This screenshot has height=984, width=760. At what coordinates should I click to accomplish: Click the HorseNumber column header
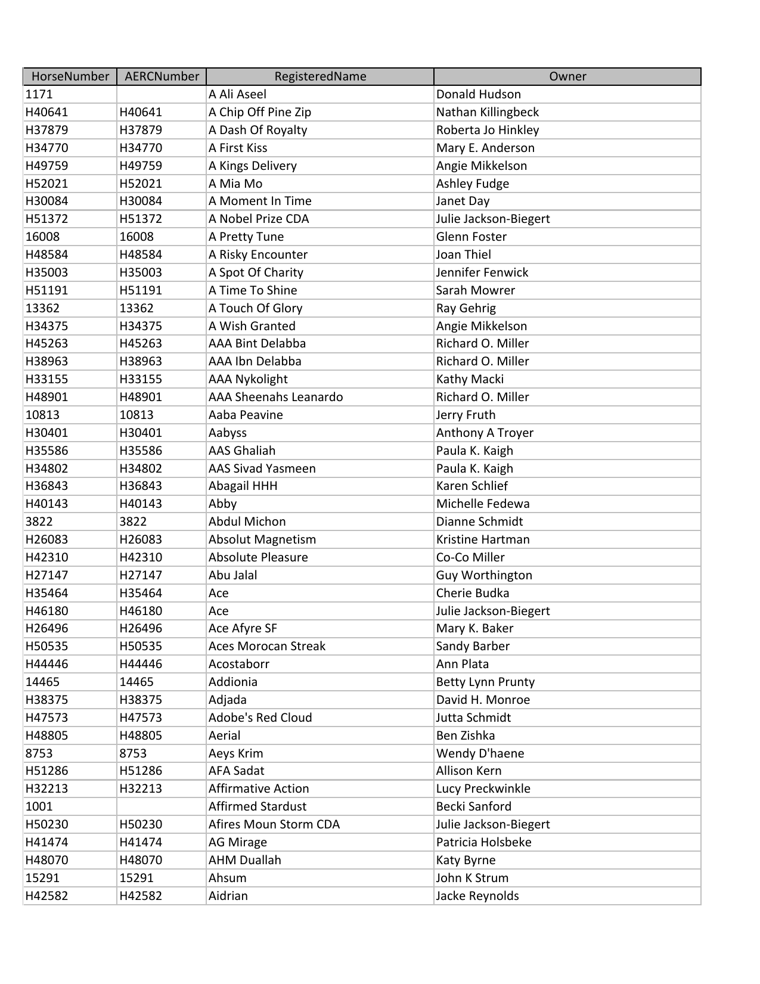70,76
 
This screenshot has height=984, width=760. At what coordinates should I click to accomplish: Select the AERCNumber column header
162,76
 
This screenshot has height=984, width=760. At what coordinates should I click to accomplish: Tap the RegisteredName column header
320,76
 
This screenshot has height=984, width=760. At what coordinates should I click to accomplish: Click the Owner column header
567,76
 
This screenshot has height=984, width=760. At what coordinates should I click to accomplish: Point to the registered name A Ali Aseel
237,94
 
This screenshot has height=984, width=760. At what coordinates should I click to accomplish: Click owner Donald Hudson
478,94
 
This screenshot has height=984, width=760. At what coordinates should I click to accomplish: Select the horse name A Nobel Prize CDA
259,219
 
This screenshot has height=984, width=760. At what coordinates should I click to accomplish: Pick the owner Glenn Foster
471,237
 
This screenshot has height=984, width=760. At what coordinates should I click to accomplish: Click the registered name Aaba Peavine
246,415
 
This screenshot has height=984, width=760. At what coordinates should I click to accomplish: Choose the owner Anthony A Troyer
485,433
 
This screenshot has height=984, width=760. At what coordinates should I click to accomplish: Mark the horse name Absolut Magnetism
262,539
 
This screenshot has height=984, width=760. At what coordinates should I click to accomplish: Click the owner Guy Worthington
484,575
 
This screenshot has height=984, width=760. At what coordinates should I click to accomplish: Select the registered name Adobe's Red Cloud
260,718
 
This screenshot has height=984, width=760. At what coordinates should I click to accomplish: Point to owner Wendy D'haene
480,753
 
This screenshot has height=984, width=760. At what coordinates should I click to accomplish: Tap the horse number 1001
39,806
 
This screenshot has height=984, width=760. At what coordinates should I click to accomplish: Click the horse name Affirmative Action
259,789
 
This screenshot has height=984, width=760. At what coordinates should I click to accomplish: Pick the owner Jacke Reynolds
477,896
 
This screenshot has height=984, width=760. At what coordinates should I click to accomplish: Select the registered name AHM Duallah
244,860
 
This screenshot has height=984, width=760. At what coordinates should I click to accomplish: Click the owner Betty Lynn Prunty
485,682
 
